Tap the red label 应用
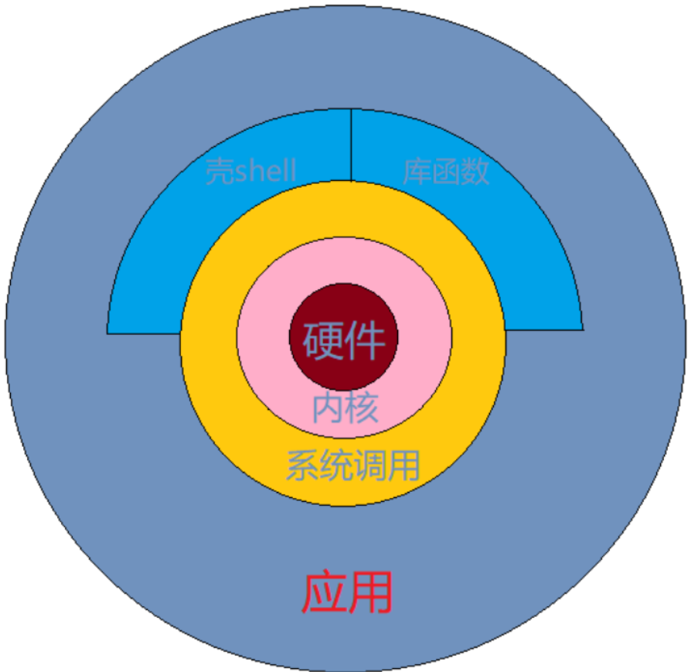tap(347, 593)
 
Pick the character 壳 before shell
tap(220, 172)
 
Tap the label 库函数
tap(446, 172)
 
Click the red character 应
tap(324, 593)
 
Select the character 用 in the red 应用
tap(370, 593)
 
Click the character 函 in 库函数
tap(446, 172)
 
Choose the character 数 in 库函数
tap(475, 172)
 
